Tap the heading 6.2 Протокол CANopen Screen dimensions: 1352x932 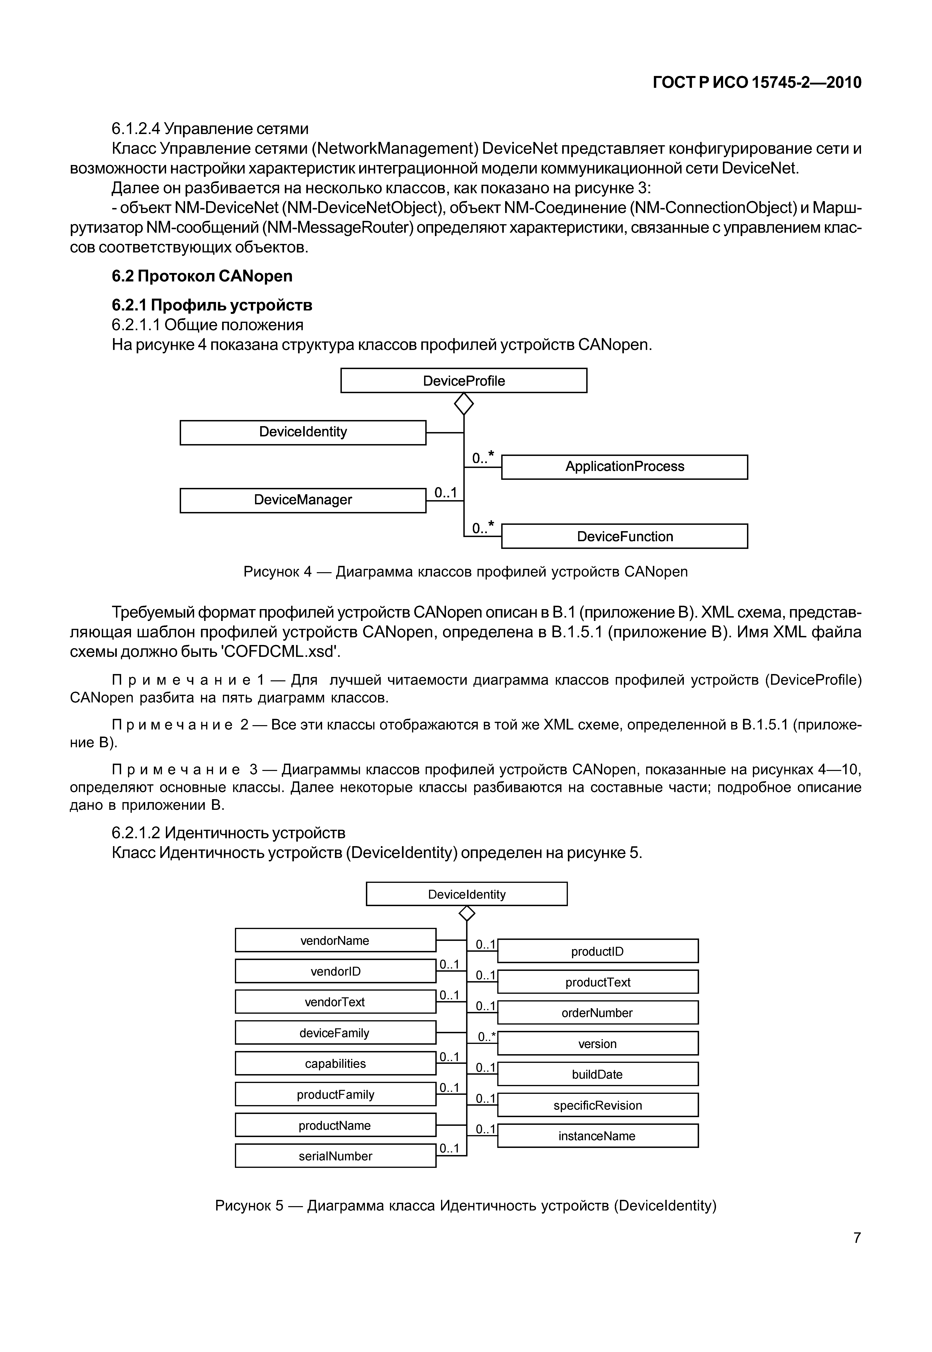pyautogui.click(x=202, y=276)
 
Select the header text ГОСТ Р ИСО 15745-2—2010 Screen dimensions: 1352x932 pyautogui.click(x=757, y=82)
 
